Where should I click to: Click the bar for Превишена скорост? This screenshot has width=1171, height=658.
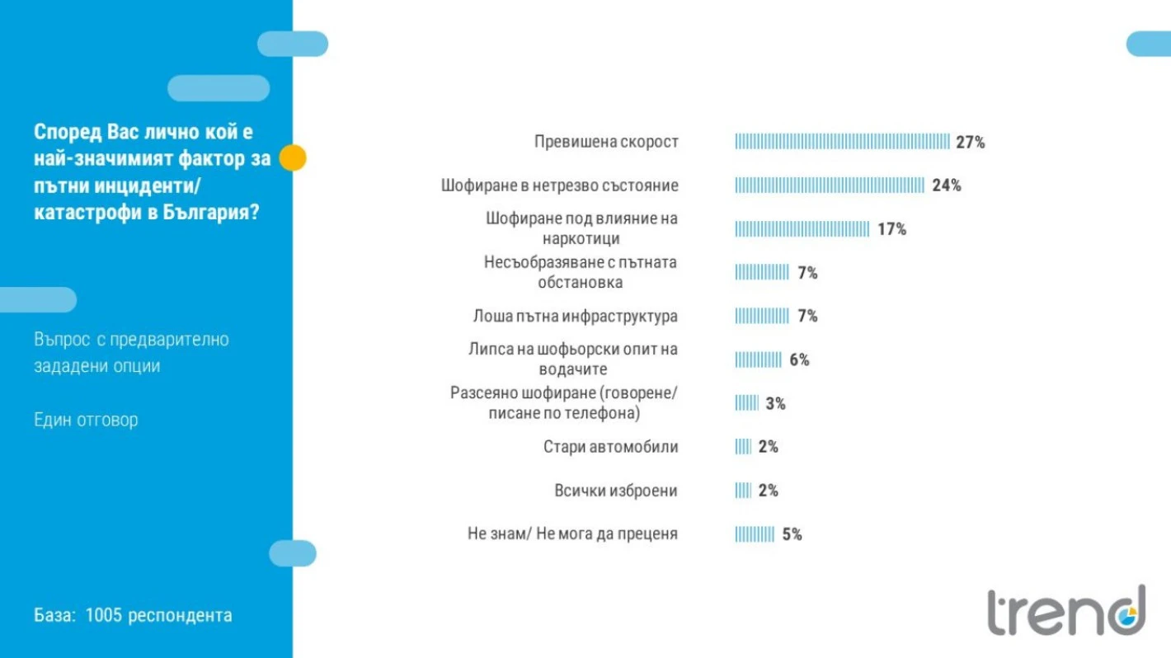(x=842, y=142)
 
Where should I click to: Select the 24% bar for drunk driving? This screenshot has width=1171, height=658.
(x=830, y=186)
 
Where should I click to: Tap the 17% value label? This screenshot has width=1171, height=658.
(x=891, y=229)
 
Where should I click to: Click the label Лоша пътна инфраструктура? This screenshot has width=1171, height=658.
(x=575, y=316)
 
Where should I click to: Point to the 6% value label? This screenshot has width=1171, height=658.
(x=799, y=360)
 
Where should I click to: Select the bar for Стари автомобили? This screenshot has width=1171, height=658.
(x=743, y=447)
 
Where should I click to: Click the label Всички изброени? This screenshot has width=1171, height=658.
(x=615, y=491)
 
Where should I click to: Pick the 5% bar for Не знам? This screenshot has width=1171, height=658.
(x=755, y=534)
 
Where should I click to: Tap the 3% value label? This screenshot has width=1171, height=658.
(x=775, y=403)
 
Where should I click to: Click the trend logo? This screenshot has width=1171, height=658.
(x=1066, y=612)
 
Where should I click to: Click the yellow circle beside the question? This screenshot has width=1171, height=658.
(x=293, y=157)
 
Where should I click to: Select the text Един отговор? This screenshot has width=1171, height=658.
(x=86, y=420)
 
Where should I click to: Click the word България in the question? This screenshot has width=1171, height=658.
(x=205, y=212)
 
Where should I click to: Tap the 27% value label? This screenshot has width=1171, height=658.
(x=970, y=142)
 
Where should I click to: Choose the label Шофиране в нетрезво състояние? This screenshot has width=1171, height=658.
(x=559, y=186)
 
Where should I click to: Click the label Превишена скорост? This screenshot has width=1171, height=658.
(x=606, y=142)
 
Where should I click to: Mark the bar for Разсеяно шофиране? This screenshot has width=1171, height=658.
(x=746, y=403)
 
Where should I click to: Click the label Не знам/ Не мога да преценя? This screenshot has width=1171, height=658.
(x=572, y=534)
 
